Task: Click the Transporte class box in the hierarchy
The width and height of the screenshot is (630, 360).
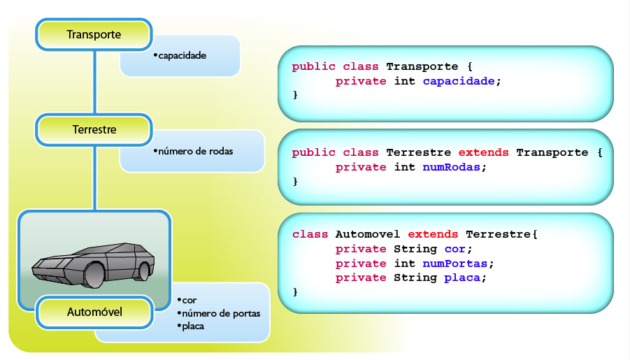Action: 94,34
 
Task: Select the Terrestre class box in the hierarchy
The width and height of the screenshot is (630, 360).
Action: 94,129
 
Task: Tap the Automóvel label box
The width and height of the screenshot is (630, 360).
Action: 94,312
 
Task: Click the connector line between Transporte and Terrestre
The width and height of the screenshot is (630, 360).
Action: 95,82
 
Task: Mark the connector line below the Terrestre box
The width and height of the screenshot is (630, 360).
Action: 95,178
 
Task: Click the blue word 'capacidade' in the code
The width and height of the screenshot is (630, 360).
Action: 459,81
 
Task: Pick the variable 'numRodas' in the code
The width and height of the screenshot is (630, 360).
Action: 451,167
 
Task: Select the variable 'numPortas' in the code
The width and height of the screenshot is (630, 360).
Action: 454,264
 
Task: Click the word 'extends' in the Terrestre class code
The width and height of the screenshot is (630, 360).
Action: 483,152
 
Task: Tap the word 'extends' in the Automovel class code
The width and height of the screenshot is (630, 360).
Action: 433,234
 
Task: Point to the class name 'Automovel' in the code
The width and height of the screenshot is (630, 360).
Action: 368,234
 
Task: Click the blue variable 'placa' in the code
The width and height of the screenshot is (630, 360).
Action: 462,278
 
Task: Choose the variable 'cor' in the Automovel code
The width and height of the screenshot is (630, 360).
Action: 454,249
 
